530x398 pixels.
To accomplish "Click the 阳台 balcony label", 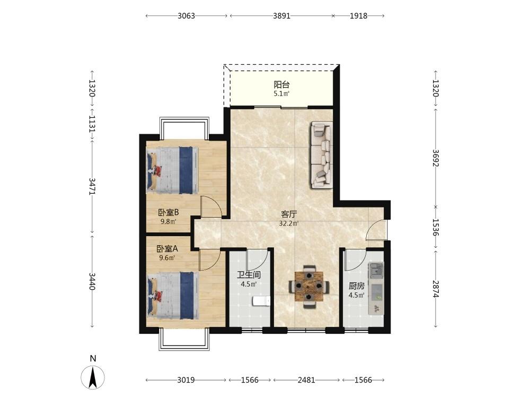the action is tap(281, 84).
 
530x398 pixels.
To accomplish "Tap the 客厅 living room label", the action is tap(289, 214).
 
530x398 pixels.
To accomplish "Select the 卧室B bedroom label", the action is tap(169, 213).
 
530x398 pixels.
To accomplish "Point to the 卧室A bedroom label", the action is tap(167, 249).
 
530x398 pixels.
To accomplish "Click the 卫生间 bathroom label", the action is tap(249, 275).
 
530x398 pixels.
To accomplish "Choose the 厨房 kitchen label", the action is tap(357, 286).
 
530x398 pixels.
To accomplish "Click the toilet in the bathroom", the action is tap(262, 301).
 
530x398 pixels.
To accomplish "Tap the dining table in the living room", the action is tap(308, 287).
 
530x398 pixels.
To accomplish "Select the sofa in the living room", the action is tap(322, 154).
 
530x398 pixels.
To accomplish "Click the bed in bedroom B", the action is tap(172, 170).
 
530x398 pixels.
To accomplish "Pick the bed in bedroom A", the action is tap(173, 296).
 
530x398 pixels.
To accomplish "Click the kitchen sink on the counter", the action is tap(376, 271).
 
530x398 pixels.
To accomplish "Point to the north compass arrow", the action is tap(93, 377).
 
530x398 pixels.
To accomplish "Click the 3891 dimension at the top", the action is tap(281, 15).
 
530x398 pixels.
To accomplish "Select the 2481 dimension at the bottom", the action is tap(306, 380).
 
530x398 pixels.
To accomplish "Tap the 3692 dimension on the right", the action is tap(436, 158).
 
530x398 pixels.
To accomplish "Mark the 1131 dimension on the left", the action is tap(92, 124).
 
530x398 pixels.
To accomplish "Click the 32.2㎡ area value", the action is tap(289, 223).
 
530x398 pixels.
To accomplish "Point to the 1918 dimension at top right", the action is tap(359, 15).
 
